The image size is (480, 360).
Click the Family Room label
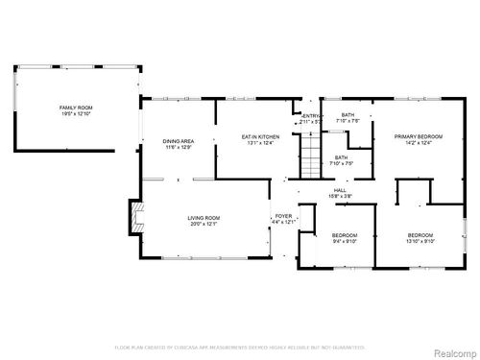(75, 108)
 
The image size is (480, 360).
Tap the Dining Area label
(180, 141)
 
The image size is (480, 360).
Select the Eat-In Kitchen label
(260, 137)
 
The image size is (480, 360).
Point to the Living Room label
(204, 218)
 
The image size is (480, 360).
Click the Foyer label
(284, 216)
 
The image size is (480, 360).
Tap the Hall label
(341, 190)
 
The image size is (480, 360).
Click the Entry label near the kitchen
(309, 116)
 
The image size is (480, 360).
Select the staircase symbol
(309, 154)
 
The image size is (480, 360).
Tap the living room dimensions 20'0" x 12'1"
(204, 225)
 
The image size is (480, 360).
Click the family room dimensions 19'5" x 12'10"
(75, 114)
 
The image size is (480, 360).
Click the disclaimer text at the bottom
(240, 347)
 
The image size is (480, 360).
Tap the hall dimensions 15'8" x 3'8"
(341, 197)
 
